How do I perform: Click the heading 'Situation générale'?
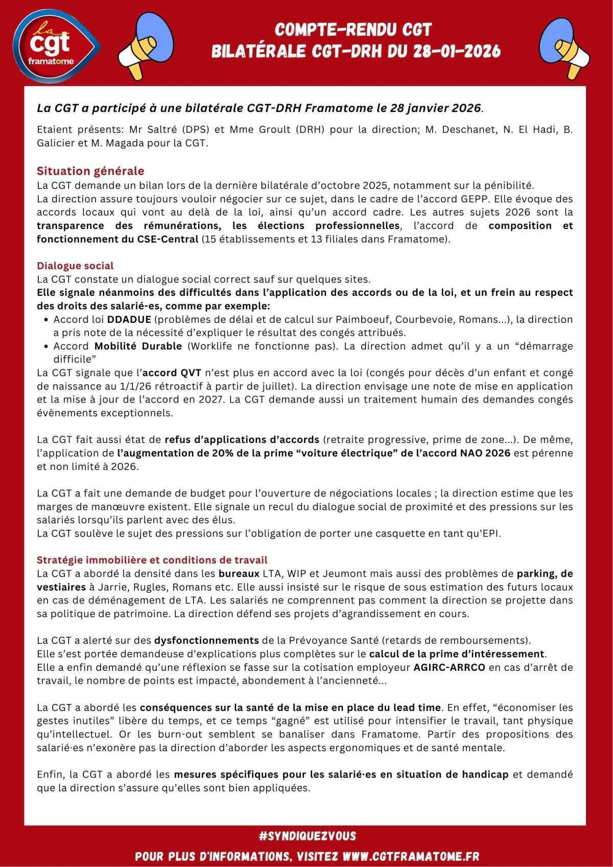[90, 171]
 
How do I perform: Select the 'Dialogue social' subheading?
[75, 266]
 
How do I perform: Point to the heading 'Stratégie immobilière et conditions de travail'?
[152, 560]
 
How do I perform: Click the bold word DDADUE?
[129, 319]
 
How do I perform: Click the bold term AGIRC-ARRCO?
[449, 667]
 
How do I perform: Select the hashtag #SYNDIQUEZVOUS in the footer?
[307, 836]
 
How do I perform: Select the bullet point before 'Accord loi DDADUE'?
[46, 320]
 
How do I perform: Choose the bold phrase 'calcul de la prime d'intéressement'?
[457, 653]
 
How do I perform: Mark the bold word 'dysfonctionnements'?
[206, 640]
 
